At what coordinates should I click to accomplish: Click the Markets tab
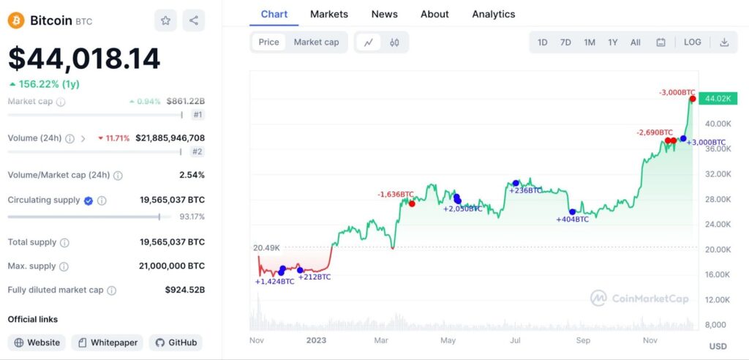[x=329, y=14]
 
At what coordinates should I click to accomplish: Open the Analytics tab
[x=493, y=14]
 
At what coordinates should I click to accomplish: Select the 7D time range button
[x=565, y=42]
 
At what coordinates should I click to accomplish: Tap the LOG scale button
[x=692, y=42]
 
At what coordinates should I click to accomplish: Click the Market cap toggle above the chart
[x=316, y=42]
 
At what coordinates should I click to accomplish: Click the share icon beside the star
[x=194, y=20]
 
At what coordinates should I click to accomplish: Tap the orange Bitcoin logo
[x=16, y=20]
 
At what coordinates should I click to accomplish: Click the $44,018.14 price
[x=84, y=59]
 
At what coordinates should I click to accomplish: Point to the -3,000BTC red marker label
[x=677, y=92]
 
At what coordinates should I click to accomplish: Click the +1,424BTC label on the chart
[x=274, y=282]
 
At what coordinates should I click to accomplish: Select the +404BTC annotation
[x=572, y=219]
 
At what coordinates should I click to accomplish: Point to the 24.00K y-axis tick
[x=718, y=224]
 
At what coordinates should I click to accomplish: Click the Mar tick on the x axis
[x=381, y=340]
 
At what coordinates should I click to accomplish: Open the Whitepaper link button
[x=107, y=342]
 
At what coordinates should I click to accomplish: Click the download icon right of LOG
[x=724, y=42]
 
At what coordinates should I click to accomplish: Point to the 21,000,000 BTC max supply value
[x=171, y=266]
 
